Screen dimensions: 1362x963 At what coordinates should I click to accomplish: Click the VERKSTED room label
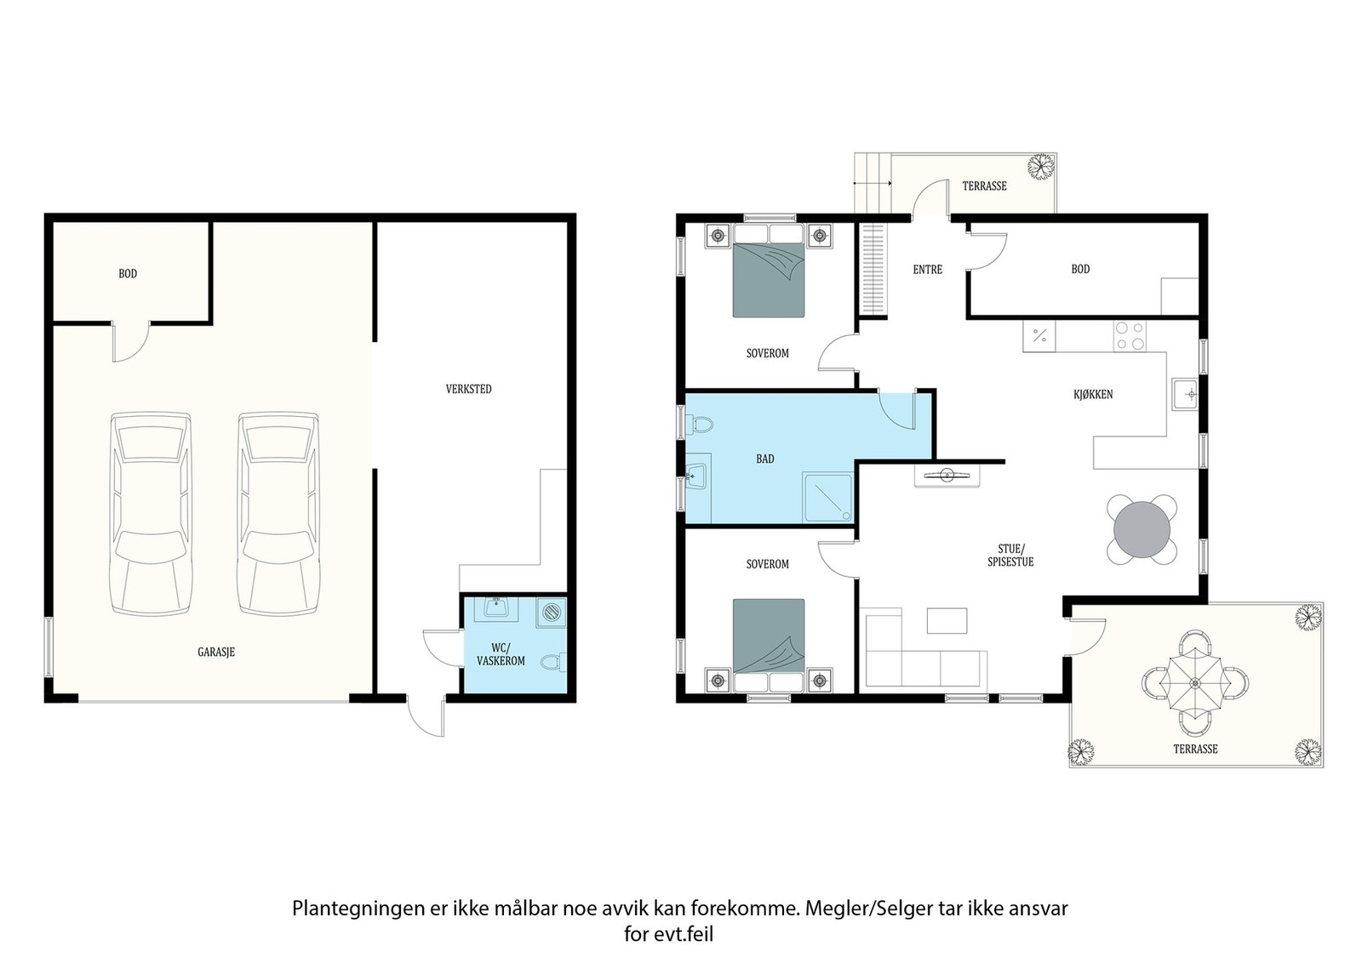[x=468, y=389]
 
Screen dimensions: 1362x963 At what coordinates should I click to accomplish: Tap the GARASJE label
[x=216, y=652]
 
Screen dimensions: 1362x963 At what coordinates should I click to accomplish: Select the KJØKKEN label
[x=1093, y=395]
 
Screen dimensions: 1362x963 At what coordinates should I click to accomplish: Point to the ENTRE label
[x=927, y=269]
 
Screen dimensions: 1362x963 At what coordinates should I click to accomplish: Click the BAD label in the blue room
[x=765, y=459]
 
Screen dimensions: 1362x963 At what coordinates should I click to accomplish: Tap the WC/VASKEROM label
[x=501, y=653]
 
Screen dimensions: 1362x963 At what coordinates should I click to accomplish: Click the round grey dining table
[x=1142, y=529]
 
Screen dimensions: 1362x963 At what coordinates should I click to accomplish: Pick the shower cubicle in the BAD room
[x=827, y=497]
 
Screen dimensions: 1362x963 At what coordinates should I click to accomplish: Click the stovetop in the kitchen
[x=1130, y=336]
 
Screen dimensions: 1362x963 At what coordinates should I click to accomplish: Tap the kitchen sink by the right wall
[x=1185, y=395]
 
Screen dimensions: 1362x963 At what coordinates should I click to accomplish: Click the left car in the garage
[x=151, y=513]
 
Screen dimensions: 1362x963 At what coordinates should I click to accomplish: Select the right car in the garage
[x=278, y=513]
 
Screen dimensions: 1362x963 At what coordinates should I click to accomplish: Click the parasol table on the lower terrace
[x=1195, y=683]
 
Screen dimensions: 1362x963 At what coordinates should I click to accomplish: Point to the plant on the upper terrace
[x=1041, y=166]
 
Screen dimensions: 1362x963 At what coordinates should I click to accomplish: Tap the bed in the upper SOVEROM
[x=769, y=271]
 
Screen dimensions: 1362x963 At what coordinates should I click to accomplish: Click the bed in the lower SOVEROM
[x=769, y=645]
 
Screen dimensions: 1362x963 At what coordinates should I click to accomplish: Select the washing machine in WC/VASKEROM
[x=551, y=613]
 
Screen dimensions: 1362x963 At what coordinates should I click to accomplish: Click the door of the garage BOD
[x=131, y=341]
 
